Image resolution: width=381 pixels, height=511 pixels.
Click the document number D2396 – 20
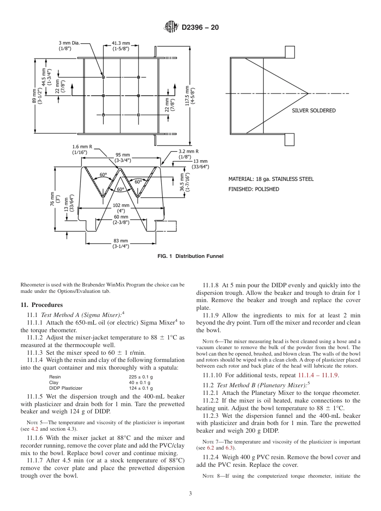tap(200, 28)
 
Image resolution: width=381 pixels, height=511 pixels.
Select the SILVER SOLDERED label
tap(314, 110)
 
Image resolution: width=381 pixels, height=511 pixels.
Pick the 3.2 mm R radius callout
tap(188, 154)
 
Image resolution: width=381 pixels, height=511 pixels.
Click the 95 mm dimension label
tap(123, 157)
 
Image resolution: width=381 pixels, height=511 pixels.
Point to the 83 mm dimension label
tap(121, 243)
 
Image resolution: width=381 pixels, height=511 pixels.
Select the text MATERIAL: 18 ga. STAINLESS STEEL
tap(271, 179)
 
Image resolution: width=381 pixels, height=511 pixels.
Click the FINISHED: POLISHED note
tap(253, 189)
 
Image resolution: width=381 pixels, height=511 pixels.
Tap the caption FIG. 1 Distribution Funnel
tap(190, 256)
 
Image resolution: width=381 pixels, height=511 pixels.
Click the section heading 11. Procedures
tap(41, 305)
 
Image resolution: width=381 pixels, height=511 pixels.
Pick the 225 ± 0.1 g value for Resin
tap(140, 377)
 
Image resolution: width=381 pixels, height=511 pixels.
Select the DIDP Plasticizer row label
tap(66, 388)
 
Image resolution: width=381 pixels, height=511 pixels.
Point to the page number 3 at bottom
tap(190, 494)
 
